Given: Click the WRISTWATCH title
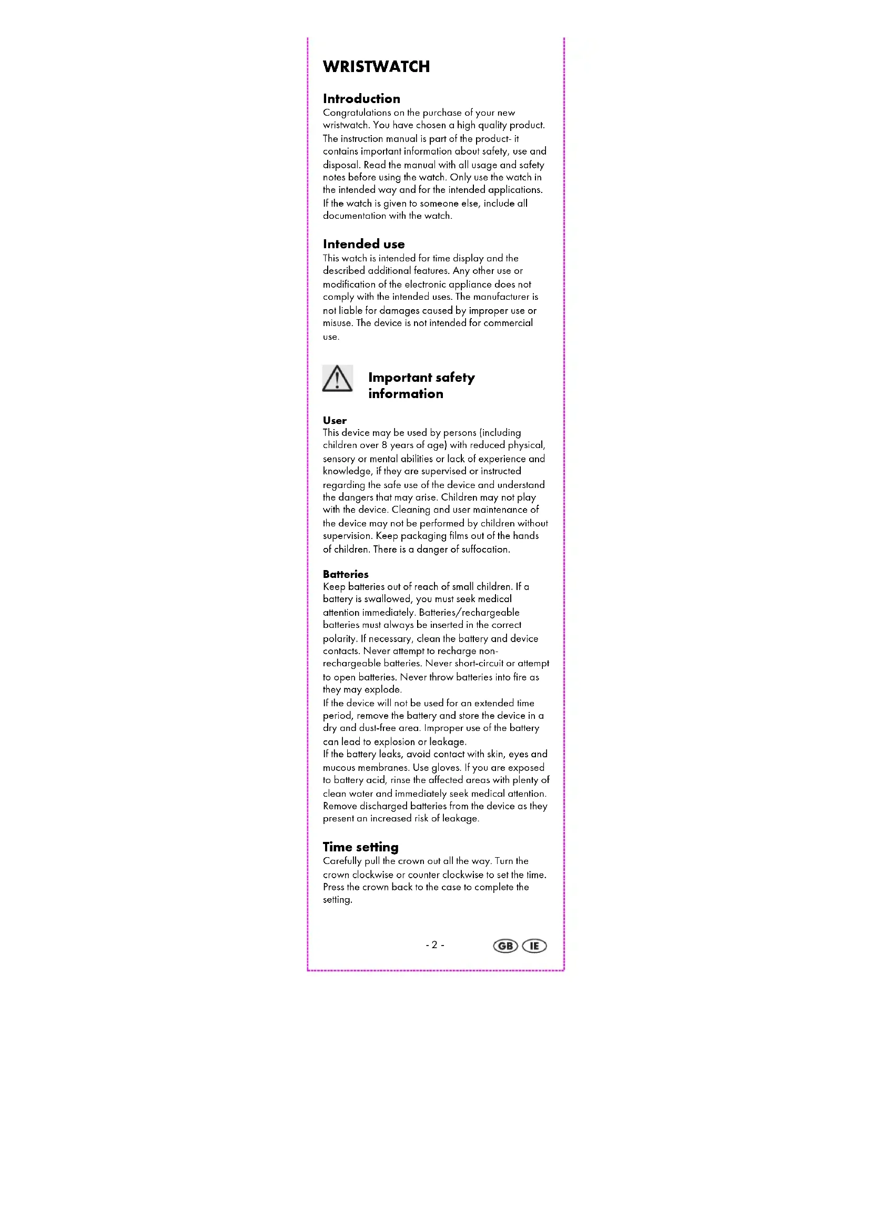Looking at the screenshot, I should coord(376,66).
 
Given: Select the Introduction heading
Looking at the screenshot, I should coord(361,98).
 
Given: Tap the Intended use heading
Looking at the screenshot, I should coord(363,245).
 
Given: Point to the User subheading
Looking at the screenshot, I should coord(335,421).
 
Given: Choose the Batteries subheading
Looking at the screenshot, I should coord(345,574).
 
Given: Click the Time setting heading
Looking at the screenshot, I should coord(360,847).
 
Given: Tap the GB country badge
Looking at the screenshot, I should coord(504,946).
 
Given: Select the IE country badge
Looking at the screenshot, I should coord(534,946).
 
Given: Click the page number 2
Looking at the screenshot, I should coord(434,945).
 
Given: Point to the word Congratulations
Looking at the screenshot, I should coord(356,113).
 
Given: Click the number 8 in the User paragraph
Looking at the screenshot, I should coord(384,445).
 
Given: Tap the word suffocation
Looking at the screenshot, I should coord(485,550).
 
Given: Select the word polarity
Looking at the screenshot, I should coord(339,639).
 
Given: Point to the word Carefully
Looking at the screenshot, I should coord(342,861).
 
